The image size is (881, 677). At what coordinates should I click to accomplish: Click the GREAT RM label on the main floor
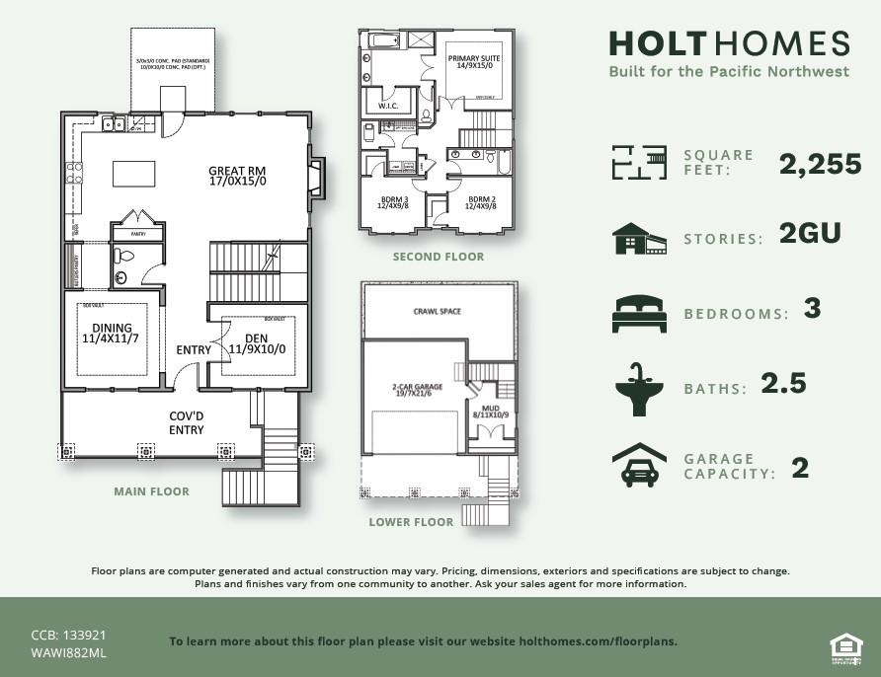click(237, 176)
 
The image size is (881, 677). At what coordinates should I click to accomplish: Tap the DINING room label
click(111, 334)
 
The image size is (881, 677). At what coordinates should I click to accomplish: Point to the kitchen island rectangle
click(134, 174)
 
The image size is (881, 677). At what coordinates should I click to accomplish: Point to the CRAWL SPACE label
click(437, 312)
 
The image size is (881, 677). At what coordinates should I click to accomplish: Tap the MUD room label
click(490, 411)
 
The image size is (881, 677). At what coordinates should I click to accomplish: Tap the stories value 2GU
click(808, 234)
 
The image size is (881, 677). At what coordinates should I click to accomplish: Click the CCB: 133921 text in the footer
click(68, 636)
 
